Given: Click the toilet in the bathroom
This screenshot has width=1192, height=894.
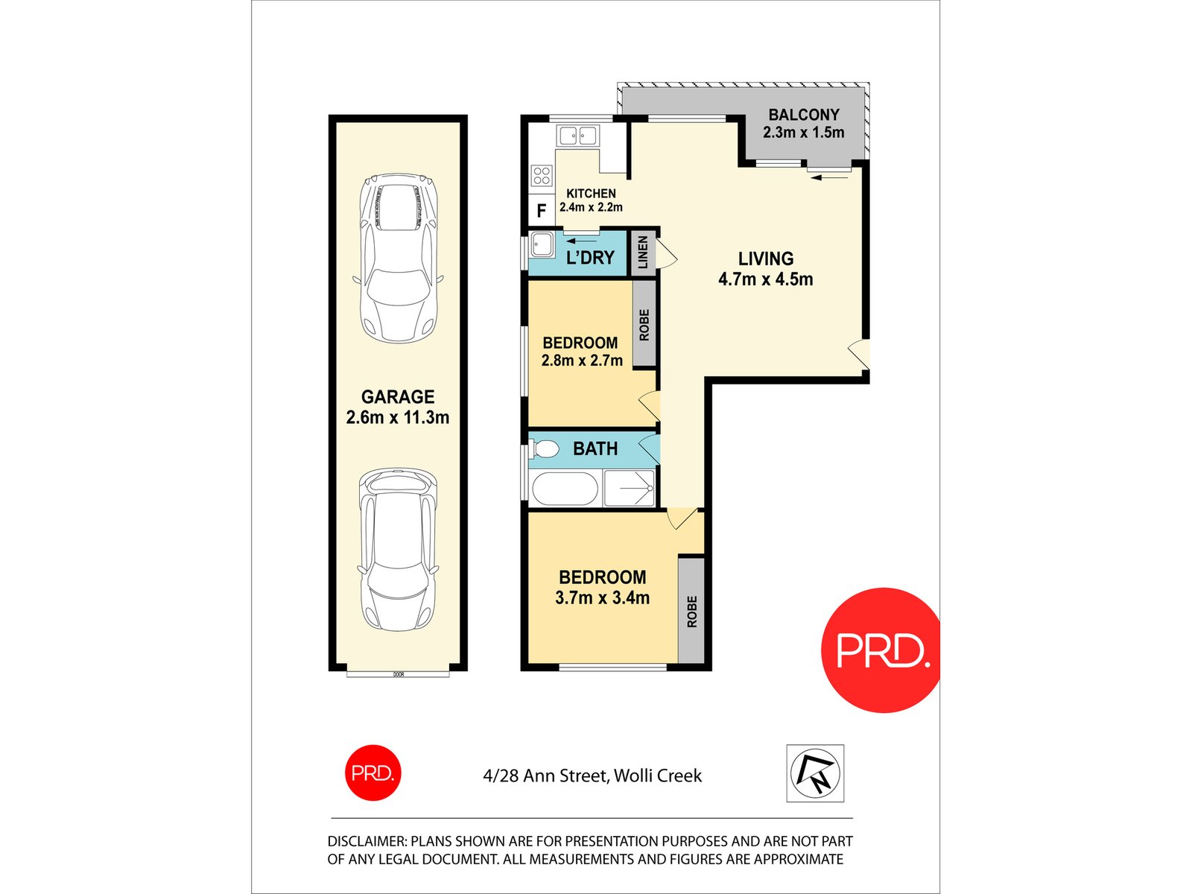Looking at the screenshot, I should pyautogui.click(x=545, y=448).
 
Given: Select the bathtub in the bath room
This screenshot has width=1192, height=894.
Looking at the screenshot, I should pyautogui.click(x=565, y=489).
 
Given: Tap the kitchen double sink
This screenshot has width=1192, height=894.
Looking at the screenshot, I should pyautogui.click(x=577, y=136).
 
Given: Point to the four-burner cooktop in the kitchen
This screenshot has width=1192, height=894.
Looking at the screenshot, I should pyautogui.click(x=542, y=176).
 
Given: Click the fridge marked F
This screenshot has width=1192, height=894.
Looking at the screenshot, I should pyautogui.click(x=542, y=211).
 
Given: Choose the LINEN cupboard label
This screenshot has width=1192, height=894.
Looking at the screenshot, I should pyautogui.click(x=642, y=253).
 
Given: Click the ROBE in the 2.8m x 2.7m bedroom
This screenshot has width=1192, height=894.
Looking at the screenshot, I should pyautogui.click(x=644, y=325).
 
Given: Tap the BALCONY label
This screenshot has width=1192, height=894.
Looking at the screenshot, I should pyautogui.click(x=803, y=115).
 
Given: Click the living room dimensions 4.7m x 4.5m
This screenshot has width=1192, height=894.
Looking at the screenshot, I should pyautogui.click(x=765, y=279).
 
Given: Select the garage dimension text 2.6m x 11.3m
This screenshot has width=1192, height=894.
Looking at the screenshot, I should pyautogui.click(x=398, y=417).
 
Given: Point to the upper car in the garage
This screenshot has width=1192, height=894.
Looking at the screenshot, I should pyautogui.click(x=398, y=258).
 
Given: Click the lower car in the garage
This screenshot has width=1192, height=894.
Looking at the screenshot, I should pyautogui.click(x=398, y=550).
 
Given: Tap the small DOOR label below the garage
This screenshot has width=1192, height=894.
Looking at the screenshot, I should pyautogui.click(x=399, y=674).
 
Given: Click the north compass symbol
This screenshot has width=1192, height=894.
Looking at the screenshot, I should pyautogui.click(x=815, y=773).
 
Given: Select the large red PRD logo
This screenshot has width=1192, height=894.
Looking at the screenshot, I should pyautogui.click(x=881, y=650).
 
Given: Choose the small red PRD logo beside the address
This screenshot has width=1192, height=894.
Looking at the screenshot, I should pyautogui.click(x=372, y=773).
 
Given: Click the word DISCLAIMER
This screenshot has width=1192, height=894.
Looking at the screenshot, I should pyautogui.click(x=366, y=841).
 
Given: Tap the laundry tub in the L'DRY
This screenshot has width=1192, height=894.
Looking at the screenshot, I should pyautogui.click(x=542, y=245).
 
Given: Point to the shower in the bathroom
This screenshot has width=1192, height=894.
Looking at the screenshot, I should pyautogui.click(x=629, y=489).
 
